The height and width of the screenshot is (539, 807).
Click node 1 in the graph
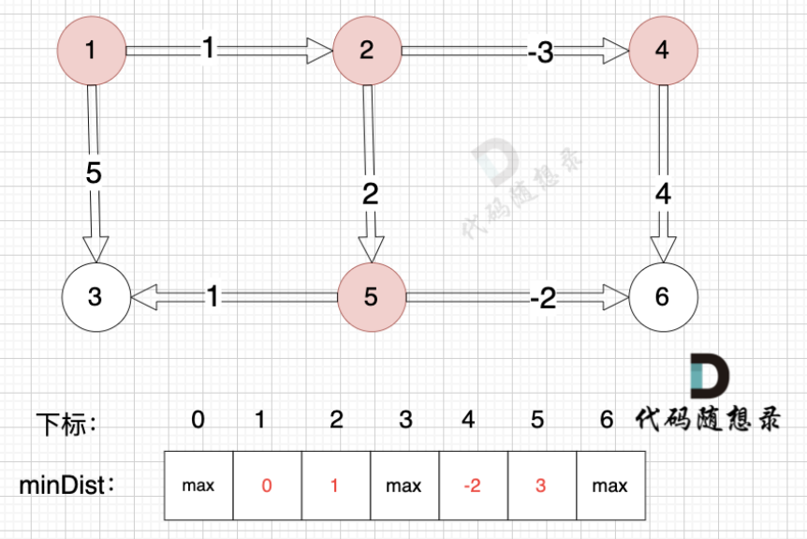[91, 51]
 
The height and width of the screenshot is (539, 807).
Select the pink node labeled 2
[367, 51]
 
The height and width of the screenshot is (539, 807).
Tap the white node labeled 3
[95, 297]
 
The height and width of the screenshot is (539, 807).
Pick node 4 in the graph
[663, 51]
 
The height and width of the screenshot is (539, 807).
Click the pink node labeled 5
[371, 297]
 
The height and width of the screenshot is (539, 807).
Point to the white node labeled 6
[663, 297]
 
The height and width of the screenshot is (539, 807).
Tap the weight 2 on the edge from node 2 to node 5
[370, 194]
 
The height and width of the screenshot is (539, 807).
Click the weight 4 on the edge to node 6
[663, 194]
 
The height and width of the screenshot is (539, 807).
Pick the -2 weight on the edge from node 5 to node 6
[542, 298]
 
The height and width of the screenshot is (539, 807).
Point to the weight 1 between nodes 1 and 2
[208, 50]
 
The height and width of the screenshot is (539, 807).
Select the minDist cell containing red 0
[267, 486]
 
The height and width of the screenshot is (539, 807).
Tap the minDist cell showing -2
[473, 486]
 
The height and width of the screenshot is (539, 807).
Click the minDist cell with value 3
[542, 486]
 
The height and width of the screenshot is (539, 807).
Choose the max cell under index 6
[610, 486]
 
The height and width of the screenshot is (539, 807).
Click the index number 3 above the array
[405, 420]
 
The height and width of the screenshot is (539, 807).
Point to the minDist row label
[66, 486]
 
